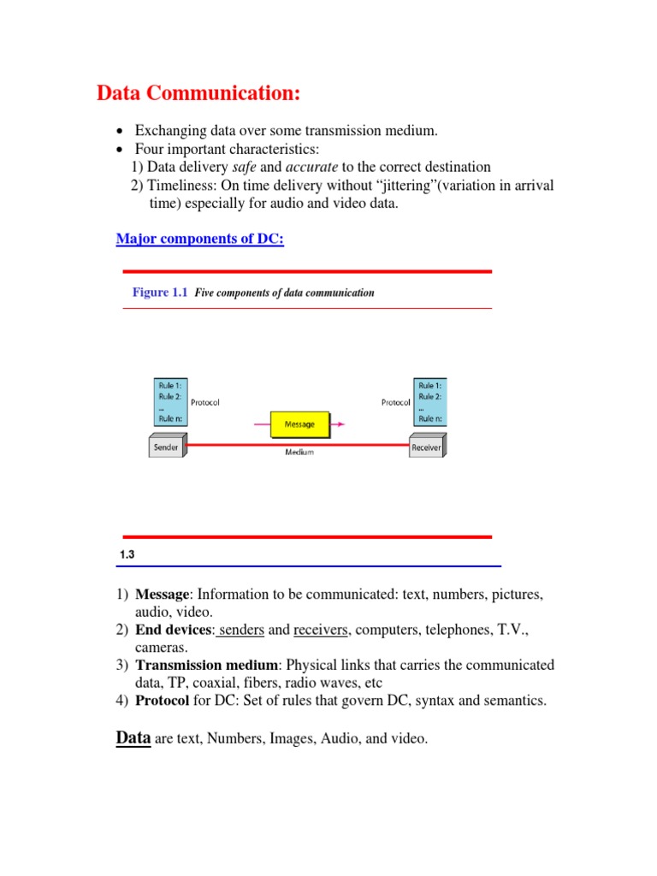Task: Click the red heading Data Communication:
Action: point(198,92)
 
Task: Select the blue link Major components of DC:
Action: point(199,240)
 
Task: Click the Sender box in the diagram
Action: point(166,447)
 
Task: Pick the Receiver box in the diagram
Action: point(426,447)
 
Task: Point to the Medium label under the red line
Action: point(299,453)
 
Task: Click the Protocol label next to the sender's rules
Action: point(204,402)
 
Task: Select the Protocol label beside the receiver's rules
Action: point(396,402)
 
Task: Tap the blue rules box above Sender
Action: point(168,402)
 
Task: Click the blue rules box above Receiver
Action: point(429,402)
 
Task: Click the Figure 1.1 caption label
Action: point(159,293)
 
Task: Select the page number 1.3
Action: point(127,555)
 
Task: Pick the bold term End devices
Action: point(173,630)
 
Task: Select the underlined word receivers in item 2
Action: point(321,630)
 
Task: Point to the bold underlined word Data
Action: point(133,737)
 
